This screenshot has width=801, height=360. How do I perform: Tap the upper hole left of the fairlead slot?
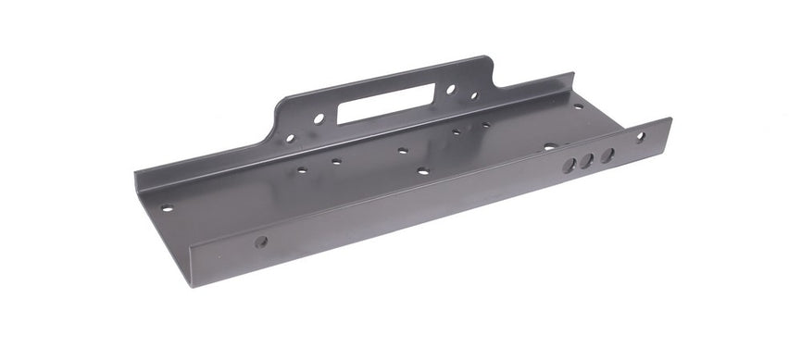pos(318,118)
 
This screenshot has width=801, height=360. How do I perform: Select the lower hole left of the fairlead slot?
pos(290,138)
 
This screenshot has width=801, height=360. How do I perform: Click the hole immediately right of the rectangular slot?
pos(450,90)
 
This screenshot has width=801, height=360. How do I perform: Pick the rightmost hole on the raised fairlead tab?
pos(473,94)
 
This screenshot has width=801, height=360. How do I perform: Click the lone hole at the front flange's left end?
pos(261,242)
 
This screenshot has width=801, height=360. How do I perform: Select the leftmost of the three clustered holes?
pos(570,165)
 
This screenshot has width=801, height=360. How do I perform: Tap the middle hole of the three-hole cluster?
pos(587,161)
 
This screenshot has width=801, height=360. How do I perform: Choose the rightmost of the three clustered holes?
pos(607,155)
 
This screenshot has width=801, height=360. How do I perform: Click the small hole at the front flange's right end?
pos(640,137)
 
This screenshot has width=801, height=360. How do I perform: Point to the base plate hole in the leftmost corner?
pos(167,207)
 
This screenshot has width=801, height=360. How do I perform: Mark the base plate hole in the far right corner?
pos(579,106)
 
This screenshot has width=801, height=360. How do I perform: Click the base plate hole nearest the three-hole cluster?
pos(549,146)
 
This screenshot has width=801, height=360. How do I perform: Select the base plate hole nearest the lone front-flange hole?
pos(301,170)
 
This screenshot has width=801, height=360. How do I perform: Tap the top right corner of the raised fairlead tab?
pos(488,59)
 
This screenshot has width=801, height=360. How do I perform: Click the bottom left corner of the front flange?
pos(191,285)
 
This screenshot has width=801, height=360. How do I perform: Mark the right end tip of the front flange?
pos(670,120)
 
